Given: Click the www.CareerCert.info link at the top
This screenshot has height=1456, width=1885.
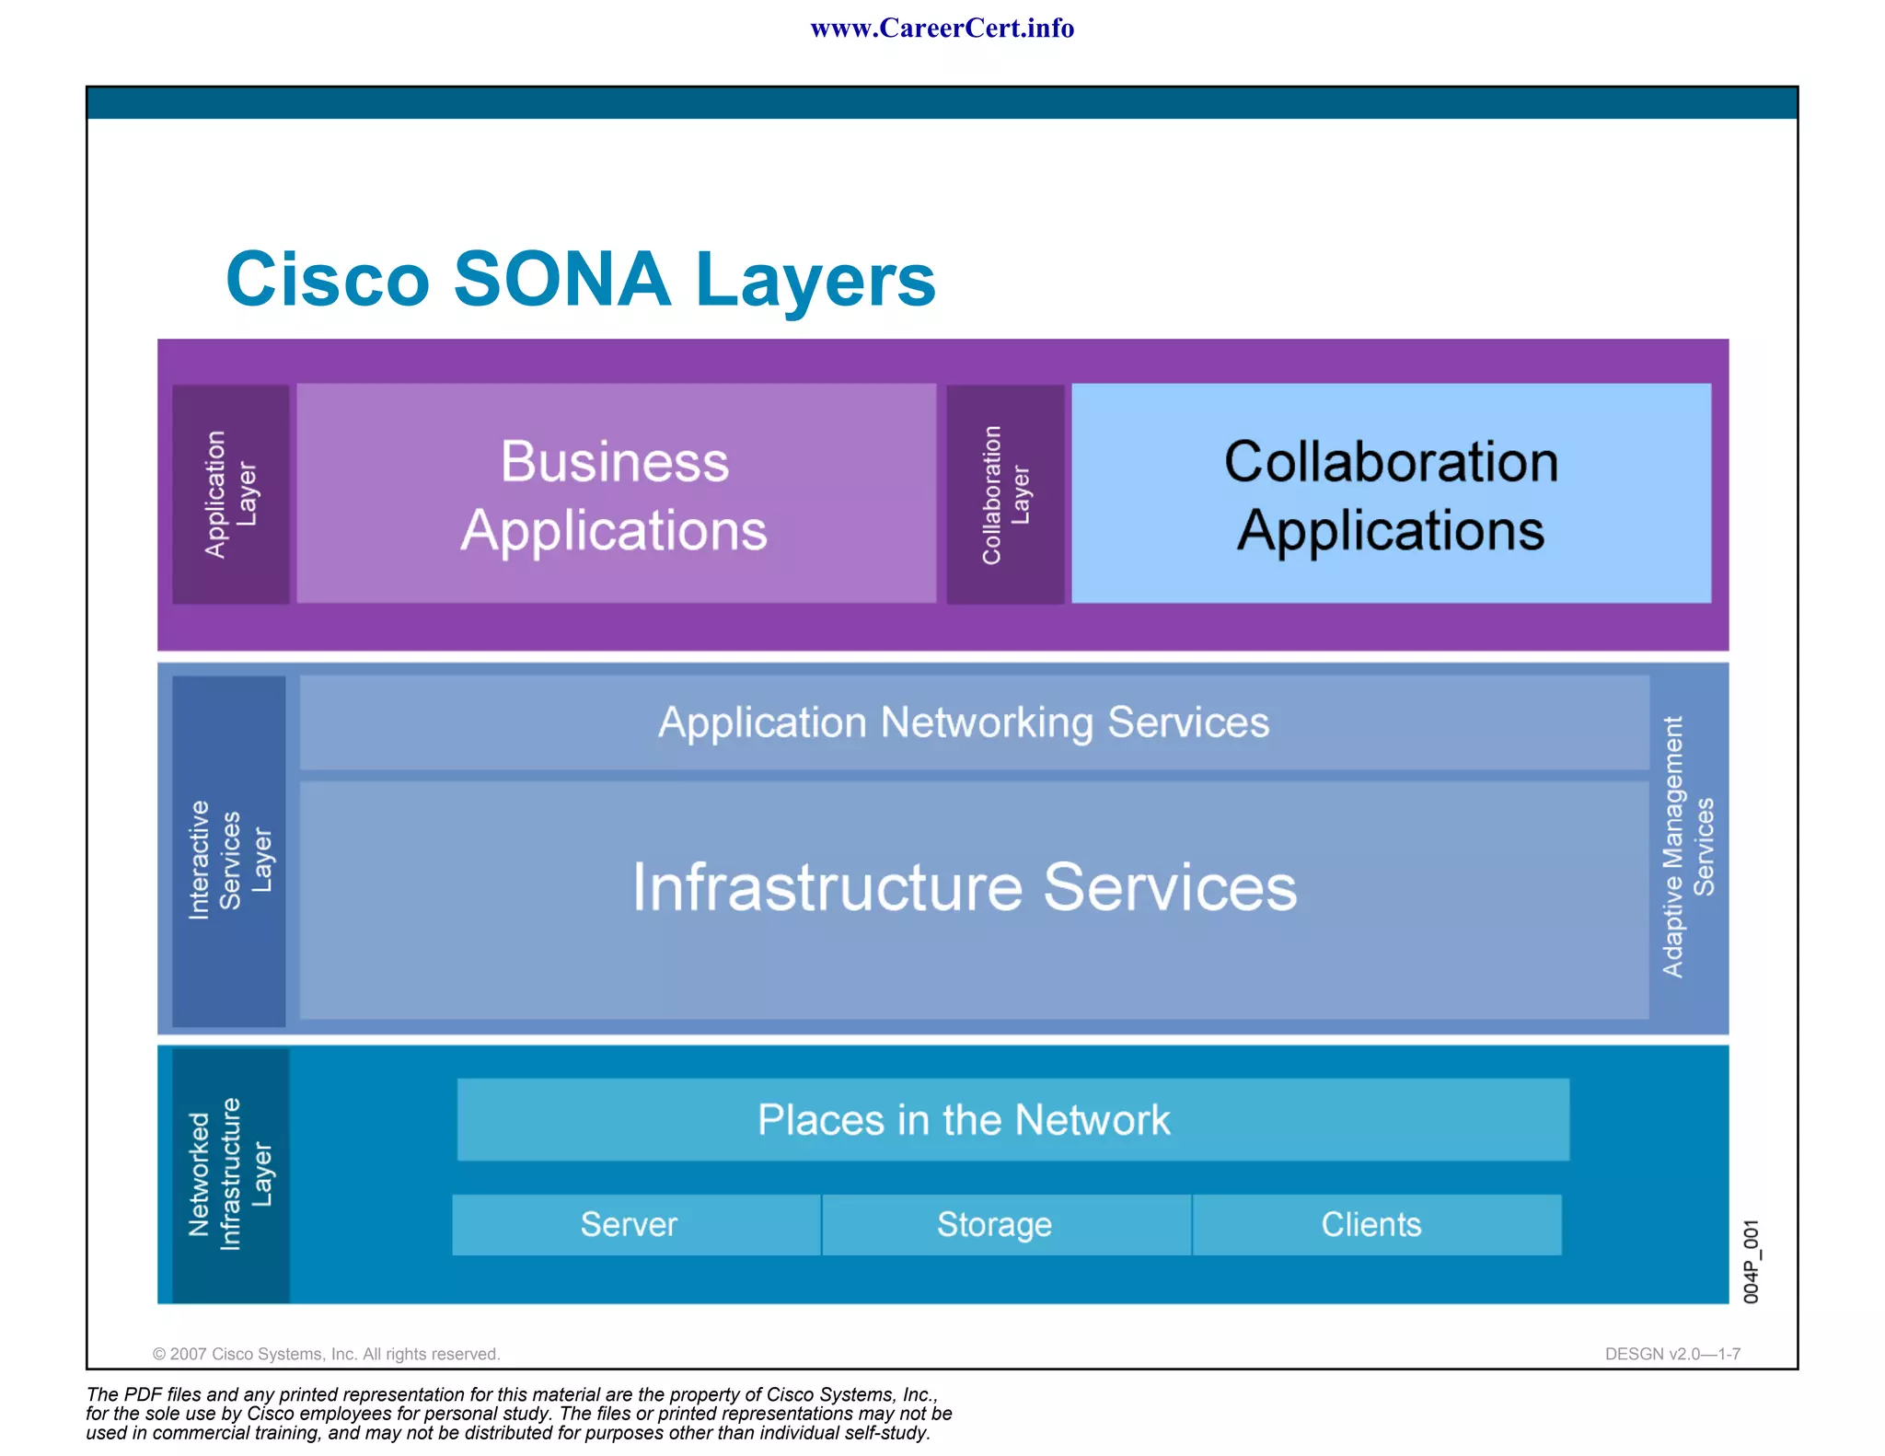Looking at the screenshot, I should [x=942, y=29].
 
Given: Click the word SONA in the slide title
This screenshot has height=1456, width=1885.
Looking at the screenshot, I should [x=562, y=279].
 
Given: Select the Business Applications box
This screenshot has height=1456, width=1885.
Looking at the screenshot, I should [x=615, y=495].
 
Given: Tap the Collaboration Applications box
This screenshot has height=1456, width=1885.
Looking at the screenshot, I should [x=1391, y=495].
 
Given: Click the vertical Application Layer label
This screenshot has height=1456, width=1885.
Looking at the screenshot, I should [x=230, y=494].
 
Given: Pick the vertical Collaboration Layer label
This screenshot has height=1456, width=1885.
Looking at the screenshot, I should [x=1005, y=495].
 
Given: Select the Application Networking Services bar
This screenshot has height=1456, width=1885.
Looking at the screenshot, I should [x=964, y=722].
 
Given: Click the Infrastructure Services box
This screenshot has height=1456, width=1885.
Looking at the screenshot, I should [x=964, y=888].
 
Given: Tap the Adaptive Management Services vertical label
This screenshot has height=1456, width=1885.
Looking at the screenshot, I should [x=1687, y=847].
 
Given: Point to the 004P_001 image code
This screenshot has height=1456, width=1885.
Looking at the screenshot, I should [x=1751, y=1261].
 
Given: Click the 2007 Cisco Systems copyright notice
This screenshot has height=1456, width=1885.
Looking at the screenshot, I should [x=326, y=1354].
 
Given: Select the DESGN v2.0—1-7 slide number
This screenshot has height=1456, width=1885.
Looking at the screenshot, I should [x=1671, y=1354].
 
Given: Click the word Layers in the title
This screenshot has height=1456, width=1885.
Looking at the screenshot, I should [x=815, y=281].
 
